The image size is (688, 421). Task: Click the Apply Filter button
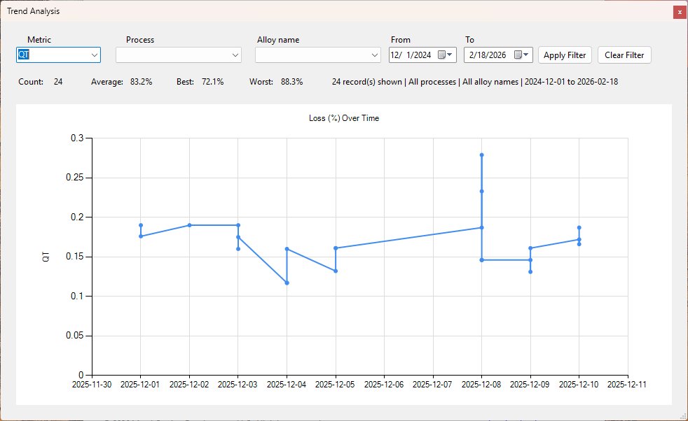[x=565, y=55]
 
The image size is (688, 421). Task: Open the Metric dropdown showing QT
[x=58, y=55]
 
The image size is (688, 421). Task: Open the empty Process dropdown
[x=179, y=55]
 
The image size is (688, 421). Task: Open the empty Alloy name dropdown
[x=318, y=55]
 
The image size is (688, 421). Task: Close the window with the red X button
[x=680, y=13]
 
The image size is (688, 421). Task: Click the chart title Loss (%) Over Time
[x=344, y=118]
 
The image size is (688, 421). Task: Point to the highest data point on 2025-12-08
[x=482, y=155]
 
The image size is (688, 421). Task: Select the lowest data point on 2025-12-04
[x=287, y=283]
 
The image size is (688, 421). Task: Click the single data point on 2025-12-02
[x=190, y=225]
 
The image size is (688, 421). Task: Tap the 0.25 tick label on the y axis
[x=74, y=178]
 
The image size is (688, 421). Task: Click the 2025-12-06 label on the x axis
[x=384, y=385]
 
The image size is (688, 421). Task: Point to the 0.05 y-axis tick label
[x=74, y=336]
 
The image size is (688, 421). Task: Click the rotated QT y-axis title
[x=46, y=257]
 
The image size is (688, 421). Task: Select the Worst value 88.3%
[x=291, y=82]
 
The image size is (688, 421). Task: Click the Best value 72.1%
[x=213, y=82]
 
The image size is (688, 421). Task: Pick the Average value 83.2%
[x=142, y=82]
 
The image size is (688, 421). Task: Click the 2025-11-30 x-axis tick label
[x=92, y=385]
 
